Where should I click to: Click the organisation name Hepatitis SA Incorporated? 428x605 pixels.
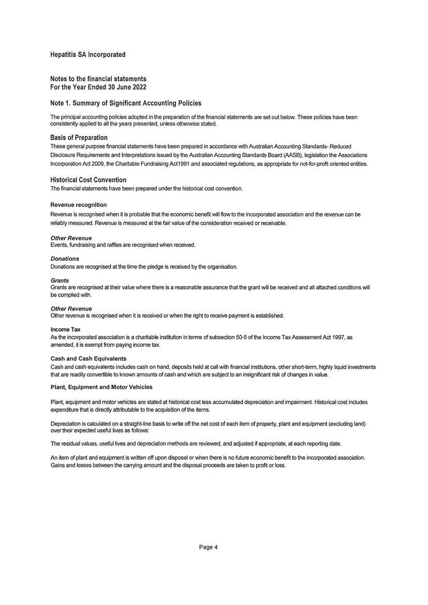[x=88, y=54]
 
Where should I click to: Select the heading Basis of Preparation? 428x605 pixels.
[x=79, y=138]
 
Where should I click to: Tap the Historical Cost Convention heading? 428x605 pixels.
[x=88, y=180]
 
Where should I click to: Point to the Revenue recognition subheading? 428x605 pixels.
[x=79, y=205]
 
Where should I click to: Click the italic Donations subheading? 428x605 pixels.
[x=65, y=258]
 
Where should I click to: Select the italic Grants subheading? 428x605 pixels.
[x=60, y=281]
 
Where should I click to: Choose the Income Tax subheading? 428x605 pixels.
[x=65, y=329]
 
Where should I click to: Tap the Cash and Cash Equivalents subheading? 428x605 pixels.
[x=88, y=358]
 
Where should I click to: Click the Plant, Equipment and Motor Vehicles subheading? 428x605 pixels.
[x=101, y=387]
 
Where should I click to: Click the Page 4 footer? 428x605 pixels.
[x=209, y=547]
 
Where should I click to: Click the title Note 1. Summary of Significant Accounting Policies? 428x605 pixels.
[x=126, y=104]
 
